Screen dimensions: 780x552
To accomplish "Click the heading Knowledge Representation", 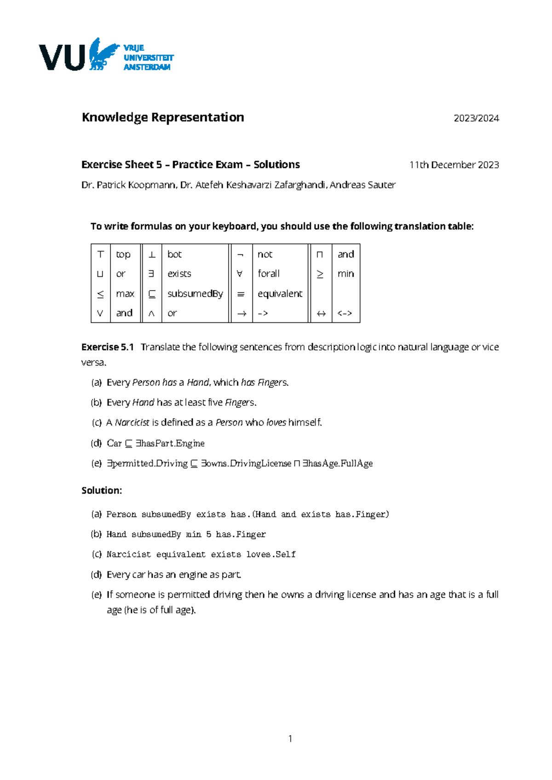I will click(x=163, y=118).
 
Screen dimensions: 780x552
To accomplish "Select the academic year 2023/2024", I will click(x=476, y=119).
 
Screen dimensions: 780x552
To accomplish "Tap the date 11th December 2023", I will click(x=454, y=165).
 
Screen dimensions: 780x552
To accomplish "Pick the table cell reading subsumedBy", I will click(x=195, y=294).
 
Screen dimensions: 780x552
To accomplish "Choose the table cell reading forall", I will click(x=269, y=274).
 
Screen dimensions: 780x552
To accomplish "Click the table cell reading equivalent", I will click(x=280, y=294).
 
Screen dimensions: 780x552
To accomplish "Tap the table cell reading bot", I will click(x=174, y=254).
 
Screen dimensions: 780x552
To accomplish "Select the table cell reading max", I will click(x=125, y=294).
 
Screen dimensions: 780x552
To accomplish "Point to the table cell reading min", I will click(x=345, y=274).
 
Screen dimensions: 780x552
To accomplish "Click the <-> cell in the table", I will click(x=345, y=314).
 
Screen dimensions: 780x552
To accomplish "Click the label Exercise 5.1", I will click(x=107, y=347).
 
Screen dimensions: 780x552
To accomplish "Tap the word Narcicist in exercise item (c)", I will click(x=132, y=423).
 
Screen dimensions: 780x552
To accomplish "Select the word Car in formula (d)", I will click(x=114, y=443).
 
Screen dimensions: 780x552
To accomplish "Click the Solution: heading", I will click(x=102, y=491).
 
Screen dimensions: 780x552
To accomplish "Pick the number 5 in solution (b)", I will click(x=208, y=534).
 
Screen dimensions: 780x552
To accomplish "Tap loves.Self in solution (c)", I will click(x=270, y=555).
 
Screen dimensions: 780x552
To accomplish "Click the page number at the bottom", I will click(x=290, y=739).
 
